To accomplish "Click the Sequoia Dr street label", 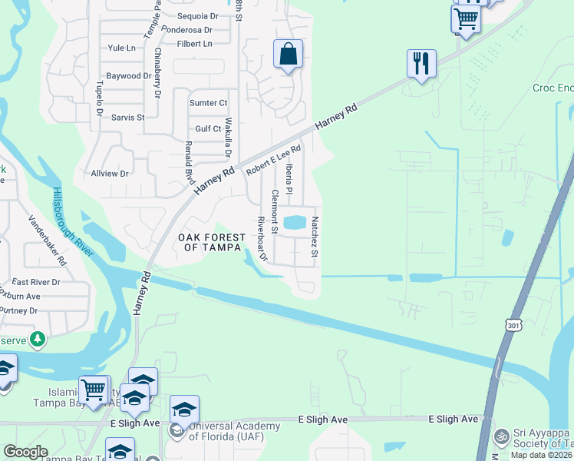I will click(x=197, y=16).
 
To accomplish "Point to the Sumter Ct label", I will click(x=208, y=103).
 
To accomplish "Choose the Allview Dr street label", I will click(x=110, y=174).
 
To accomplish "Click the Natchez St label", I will click(x=315, y=237).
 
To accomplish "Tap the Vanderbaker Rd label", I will click(x=48, y=240).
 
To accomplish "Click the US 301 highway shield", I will click(x=513, y=326).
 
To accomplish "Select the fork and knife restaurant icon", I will click(x=421, y=62).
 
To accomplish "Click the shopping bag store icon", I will click(x=288, y=55).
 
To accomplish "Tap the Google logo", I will click(x=25, y=452).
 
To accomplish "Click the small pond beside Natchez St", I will click(x=294, y=224).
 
